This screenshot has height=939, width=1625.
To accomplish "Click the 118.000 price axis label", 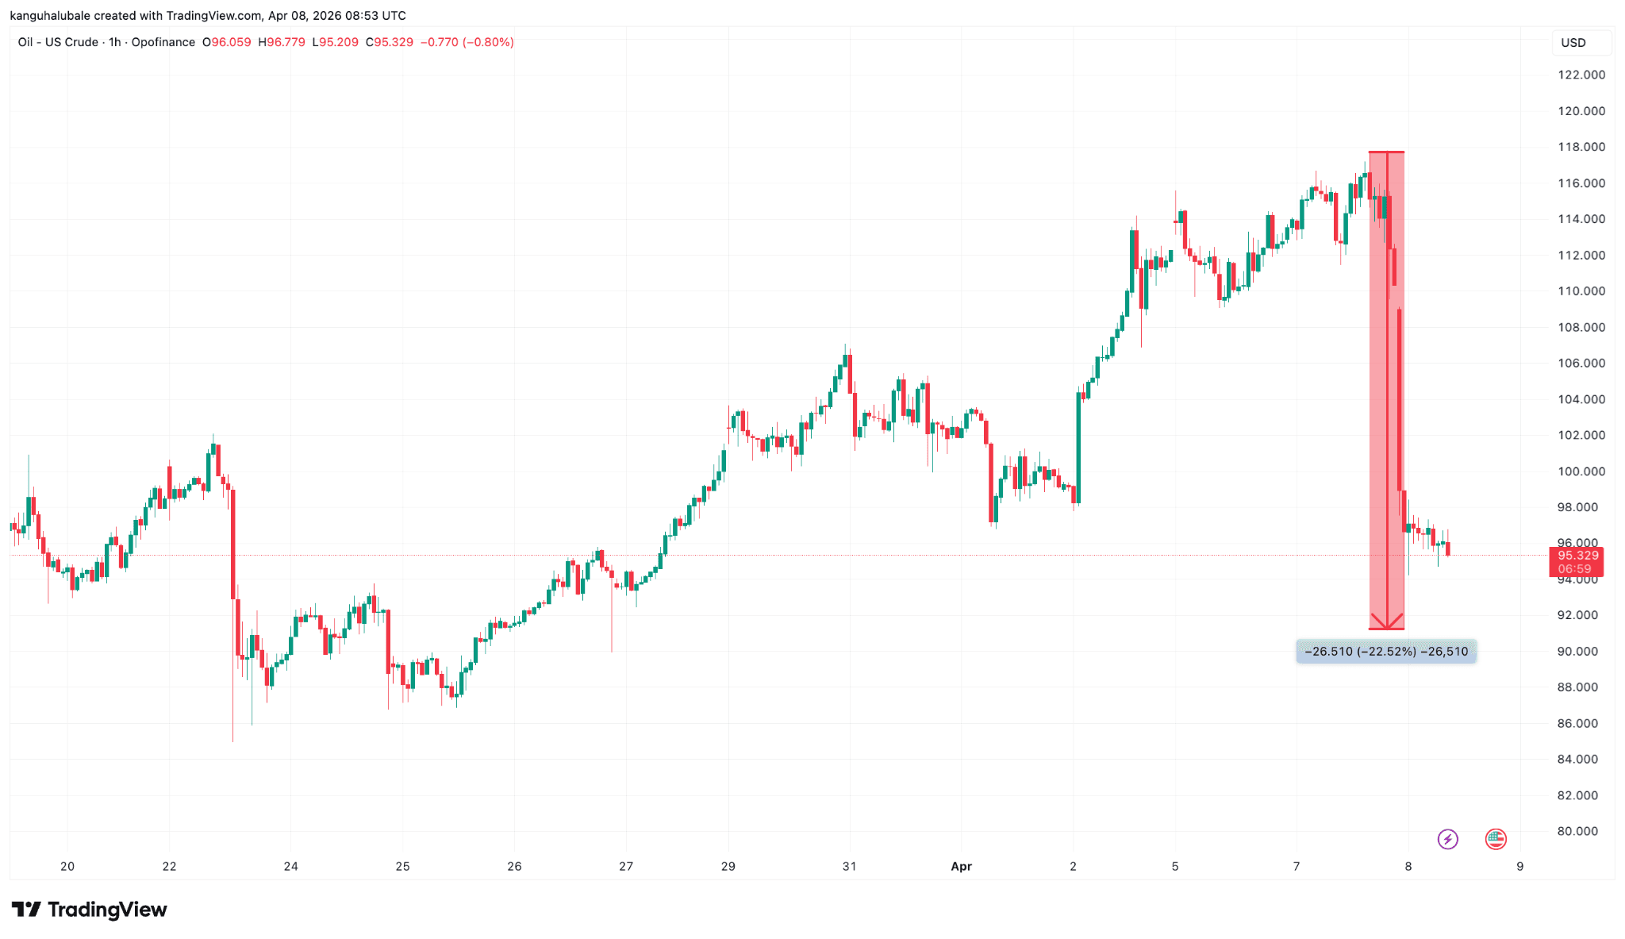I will (x=1581, y=147).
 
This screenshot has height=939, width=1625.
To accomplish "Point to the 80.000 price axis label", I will (x=1577, y=831).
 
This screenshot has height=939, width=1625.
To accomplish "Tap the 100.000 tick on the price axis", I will (x=1581, y=471).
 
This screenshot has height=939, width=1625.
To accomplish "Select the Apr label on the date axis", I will (x=961, y=866).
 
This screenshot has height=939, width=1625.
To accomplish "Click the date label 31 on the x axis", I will (x=849, y=866).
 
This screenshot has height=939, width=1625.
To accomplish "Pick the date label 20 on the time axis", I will (x=67, y=866).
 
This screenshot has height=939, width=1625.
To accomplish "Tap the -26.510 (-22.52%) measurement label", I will (x=1386, y=652).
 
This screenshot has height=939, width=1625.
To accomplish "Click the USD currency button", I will (x=1573, y=43).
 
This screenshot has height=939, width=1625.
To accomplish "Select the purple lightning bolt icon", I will (x=1448, y=839).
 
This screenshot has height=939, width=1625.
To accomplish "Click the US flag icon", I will (x=1496, y=839).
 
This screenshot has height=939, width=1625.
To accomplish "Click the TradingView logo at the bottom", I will (x=90, y=910).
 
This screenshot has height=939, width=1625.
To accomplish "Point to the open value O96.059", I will (x=227, y=42).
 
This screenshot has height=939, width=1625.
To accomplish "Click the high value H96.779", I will (x=282, y=42).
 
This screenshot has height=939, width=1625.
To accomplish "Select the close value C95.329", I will (x=390, y=42).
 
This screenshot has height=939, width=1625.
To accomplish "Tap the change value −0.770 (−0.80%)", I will (x=467, y=42).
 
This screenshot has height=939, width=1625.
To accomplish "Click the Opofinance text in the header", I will (x=163, y=42).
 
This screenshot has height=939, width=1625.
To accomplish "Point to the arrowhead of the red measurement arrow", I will (x=1387, y=626).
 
